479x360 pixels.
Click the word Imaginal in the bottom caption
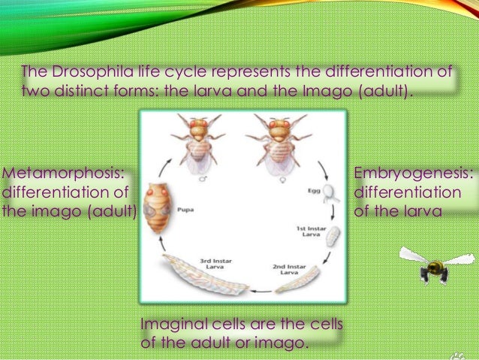(170, 325)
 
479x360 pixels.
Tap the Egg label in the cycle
(313, 192)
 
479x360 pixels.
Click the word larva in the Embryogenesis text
(424, 211)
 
